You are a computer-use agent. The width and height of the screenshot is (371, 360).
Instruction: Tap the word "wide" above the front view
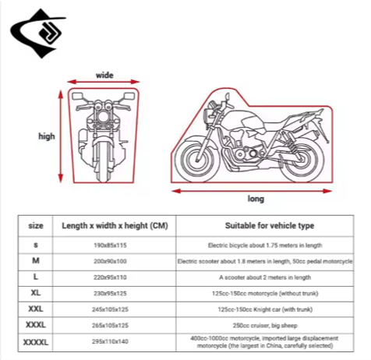point(104,76)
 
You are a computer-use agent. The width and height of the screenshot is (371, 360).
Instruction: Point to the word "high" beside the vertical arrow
point(47,136)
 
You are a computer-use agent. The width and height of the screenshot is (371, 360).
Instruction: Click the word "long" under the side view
point(256,199)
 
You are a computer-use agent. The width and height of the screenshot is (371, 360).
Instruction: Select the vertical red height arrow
point(61,136)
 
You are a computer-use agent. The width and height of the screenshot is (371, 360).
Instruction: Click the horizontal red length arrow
point(252,191)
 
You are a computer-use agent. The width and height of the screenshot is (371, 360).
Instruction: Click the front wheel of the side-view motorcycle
point(197,159)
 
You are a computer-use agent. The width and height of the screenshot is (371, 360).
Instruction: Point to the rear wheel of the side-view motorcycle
point(302,159)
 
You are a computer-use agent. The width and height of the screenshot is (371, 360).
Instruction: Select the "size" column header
point(36,226)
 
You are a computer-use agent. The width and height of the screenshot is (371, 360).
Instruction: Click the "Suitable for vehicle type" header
point(270,226)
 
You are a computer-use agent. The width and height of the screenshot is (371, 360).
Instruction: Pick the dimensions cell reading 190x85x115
point(110,245)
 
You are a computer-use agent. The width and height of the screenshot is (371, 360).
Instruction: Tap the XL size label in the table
point(36,293)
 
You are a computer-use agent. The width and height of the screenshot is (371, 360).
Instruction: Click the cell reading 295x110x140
point(110,341)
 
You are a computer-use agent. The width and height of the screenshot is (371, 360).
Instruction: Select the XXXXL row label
point(36,342)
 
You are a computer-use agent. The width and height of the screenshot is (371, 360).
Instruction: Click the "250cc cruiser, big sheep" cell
point(265,326)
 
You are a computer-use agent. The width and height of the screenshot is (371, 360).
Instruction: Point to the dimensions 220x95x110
point(110,277)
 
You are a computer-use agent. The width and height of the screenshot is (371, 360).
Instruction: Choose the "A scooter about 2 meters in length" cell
point(265,277)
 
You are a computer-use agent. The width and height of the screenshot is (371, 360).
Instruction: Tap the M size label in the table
point(36,260)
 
